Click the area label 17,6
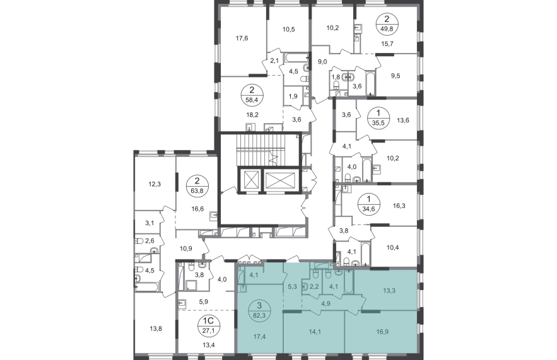coord(242,38)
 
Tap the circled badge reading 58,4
coord(252,95)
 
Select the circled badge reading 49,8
coord(387,24)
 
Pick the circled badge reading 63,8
coord(197,186)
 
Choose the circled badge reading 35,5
coord(378,118)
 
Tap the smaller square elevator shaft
coord(250,180)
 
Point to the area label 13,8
coord(156,328)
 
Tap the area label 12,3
coord(155,184)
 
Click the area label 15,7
coord(387,44)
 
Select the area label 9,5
coord(396,76)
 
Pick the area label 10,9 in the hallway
coord(186,248)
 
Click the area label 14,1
coord(315,332)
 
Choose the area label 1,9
coord(293,96)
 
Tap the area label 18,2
coord(252,115)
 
